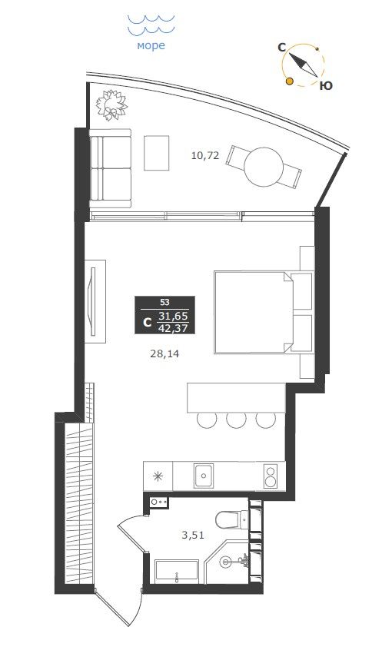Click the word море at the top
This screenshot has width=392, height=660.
tap(151, 45)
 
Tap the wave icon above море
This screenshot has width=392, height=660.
tap(151, 25)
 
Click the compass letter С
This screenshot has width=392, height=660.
tap(281, 48)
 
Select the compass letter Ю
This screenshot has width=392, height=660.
tap(326, 86)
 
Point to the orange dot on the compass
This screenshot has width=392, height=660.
tap(289, 81)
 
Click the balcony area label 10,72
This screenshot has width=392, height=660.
tap(205, 156)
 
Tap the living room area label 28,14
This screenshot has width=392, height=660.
tap(164, 354)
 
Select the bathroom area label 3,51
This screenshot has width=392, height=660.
tap(193, 536)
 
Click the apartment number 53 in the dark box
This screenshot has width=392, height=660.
tap(164, 302)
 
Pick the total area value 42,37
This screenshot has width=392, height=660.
tap(173, 327)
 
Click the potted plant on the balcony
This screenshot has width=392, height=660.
tap(111, 104)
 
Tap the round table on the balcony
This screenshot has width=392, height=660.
tap(264, 167)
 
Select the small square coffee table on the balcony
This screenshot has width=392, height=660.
tap(156, 153)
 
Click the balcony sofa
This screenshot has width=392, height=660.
tap(111, 168)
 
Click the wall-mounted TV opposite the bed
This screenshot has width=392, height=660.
tap(93, 302)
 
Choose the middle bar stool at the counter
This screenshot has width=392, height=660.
tap(236, 420)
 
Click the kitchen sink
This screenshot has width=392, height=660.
tap(204, 476)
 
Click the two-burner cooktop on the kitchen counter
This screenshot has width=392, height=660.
tap(270, 476)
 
